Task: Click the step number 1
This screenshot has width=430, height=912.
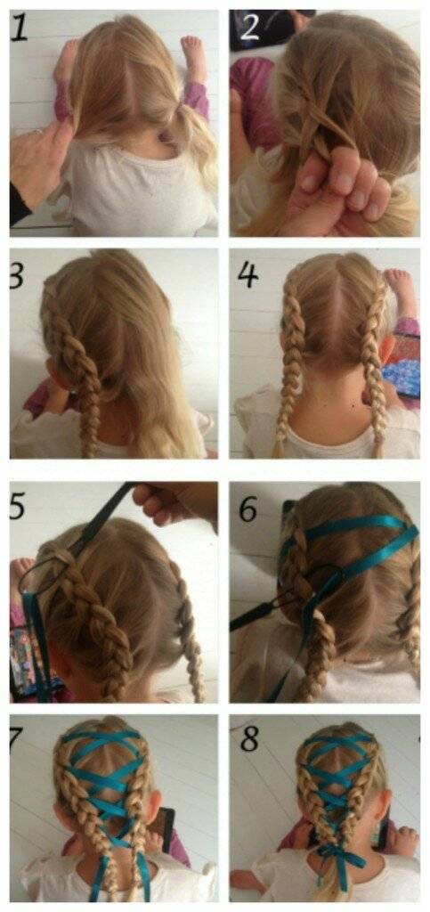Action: [x=20, y=28]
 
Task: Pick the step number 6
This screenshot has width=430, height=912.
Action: [x=248, y=509]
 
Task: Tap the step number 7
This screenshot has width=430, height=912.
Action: [x=16, y=738]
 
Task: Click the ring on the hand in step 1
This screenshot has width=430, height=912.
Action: [x=38, y=134]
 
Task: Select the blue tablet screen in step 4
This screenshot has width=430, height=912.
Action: [x=404, y=373]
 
